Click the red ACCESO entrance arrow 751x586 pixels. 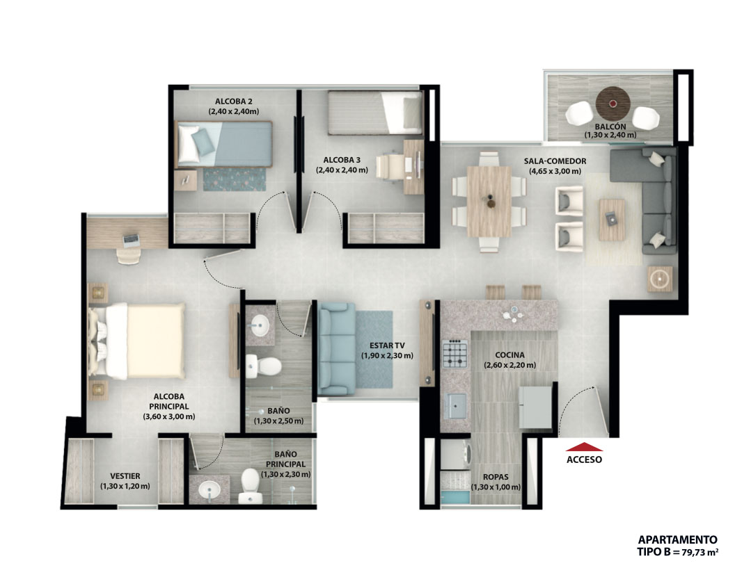[584, 447]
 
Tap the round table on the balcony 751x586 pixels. [612, 104]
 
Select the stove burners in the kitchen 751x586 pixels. [454, 354]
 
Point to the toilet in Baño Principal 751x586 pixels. [250, 485]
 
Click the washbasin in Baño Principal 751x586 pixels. [210, 490]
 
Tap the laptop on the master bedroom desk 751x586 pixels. [131, 240]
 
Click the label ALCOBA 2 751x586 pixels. [233, 101]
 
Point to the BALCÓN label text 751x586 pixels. [610, 127]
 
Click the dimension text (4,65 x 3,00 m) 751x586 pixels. [555, 171]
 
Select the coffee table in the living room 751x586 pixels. [612, 220]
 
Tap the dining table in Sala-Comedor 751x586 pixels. [489, 201]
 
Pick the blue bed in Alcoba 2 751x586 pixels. [224, 144]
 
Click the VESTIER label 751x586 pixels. [125, 476]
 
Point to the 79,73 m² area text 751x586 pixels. [699, 553]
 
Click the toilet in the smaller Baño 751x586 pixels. [263, 366]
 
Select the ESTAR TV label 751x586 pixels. [387, 345]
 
